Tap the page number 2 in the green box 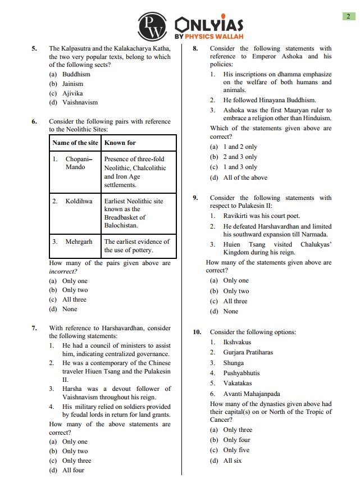tap(348, 16)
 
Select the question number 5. tap(34, 49)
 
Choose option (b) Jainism tap(66, 84)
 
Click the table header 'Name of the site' tap(75, 143)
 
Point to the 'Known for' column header tap(120, 143)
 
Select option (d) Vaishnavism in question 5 tap(73, 102)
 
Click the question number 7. tap(34, 328)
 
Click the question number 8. tap(195, 49)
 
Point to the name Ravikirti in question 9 tap(238, 216)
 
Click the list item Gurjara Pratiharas tap(248, 352)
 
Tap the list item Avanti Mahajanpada tap(252, 394)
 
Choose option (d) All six tap(226, 461)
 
